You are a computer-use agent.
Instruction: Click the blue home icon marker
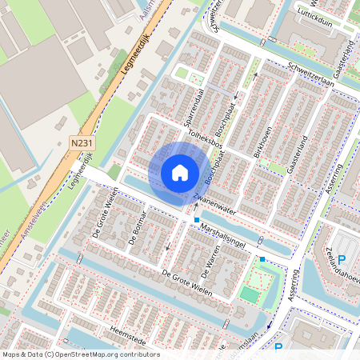tap(180, 172)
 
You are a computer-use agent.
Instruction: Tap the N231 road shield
tap(80, 142)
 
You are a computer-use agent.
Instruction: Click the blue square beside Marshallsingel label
tap(196, 219)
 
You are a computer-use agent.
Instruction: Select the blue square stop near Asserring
tap(262, 258)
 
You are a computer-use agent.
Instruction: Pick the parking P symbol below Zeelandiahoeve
tap(342, 259)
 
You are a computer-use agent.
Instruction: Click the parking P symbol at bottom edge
tap(278, 347)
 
